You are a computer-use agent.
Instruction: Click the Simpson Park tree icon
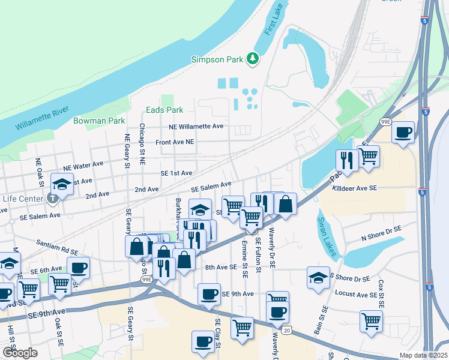[253, 58]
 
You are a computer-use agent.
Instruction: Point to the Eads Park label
[164, 110]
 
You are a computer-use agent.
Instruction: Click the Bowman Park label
[98, 121]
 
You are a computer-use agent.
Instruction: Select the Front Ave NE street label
[175, 142]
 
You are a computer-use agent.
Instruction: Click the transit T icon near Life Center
[54, 198]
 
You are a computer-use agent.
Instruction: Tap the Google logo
[19, 352]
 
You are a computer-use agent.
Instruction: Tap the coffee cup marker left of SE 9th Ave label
[209, 294]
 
